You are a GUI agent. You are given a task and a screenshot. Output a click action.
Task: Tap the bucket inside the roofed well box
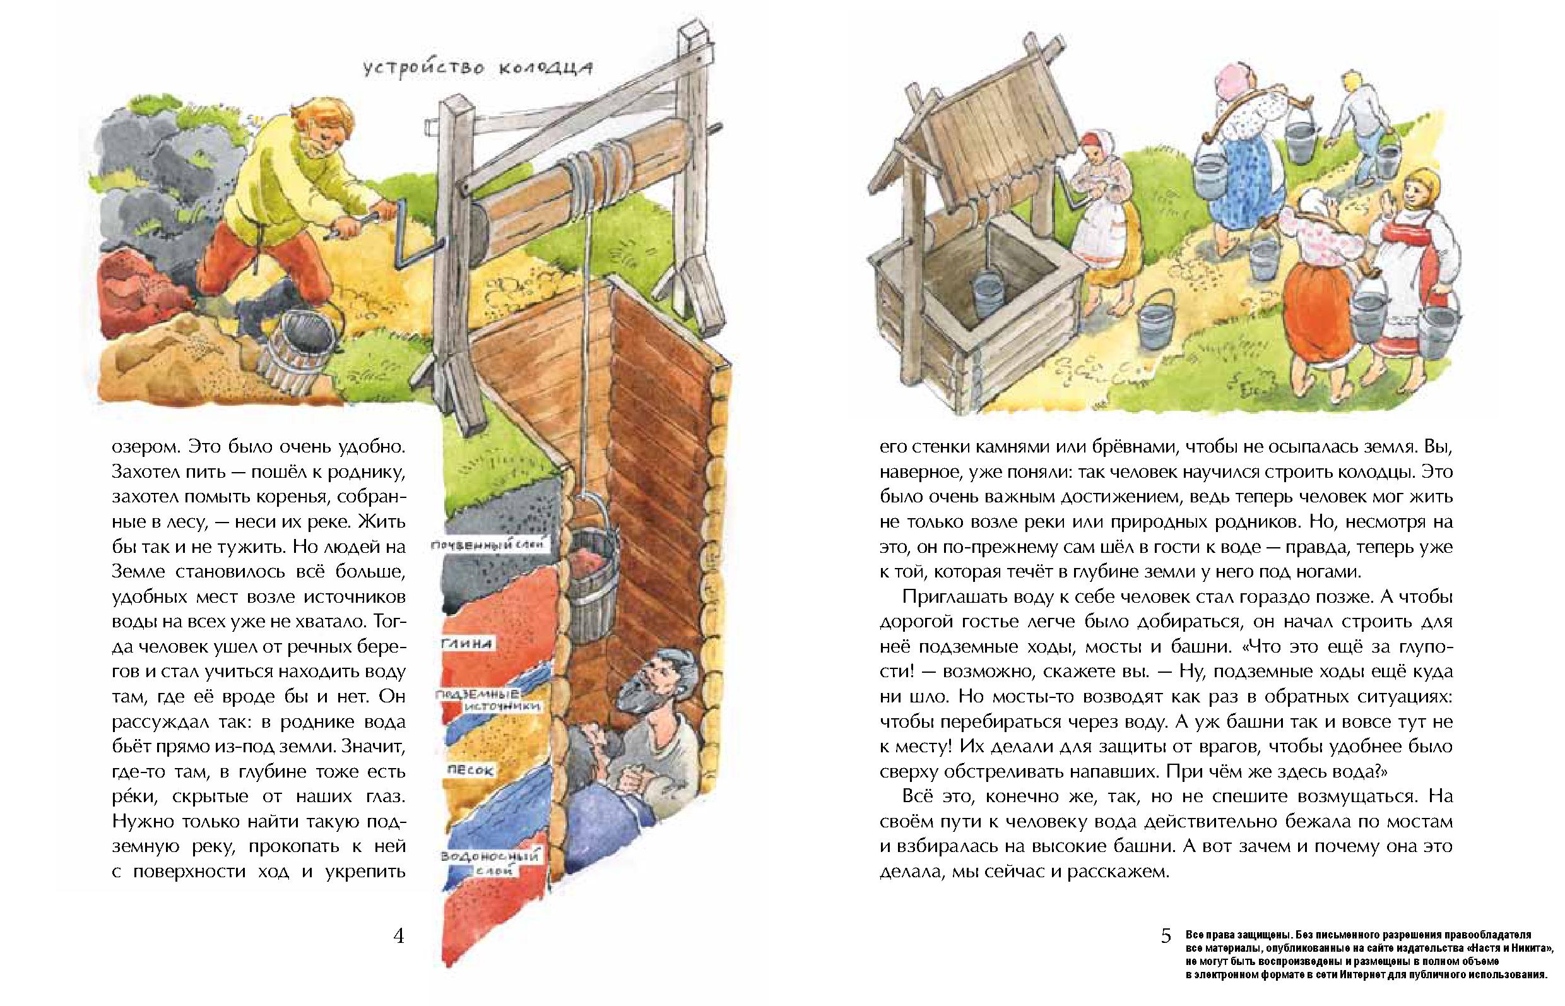(988, 293)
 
